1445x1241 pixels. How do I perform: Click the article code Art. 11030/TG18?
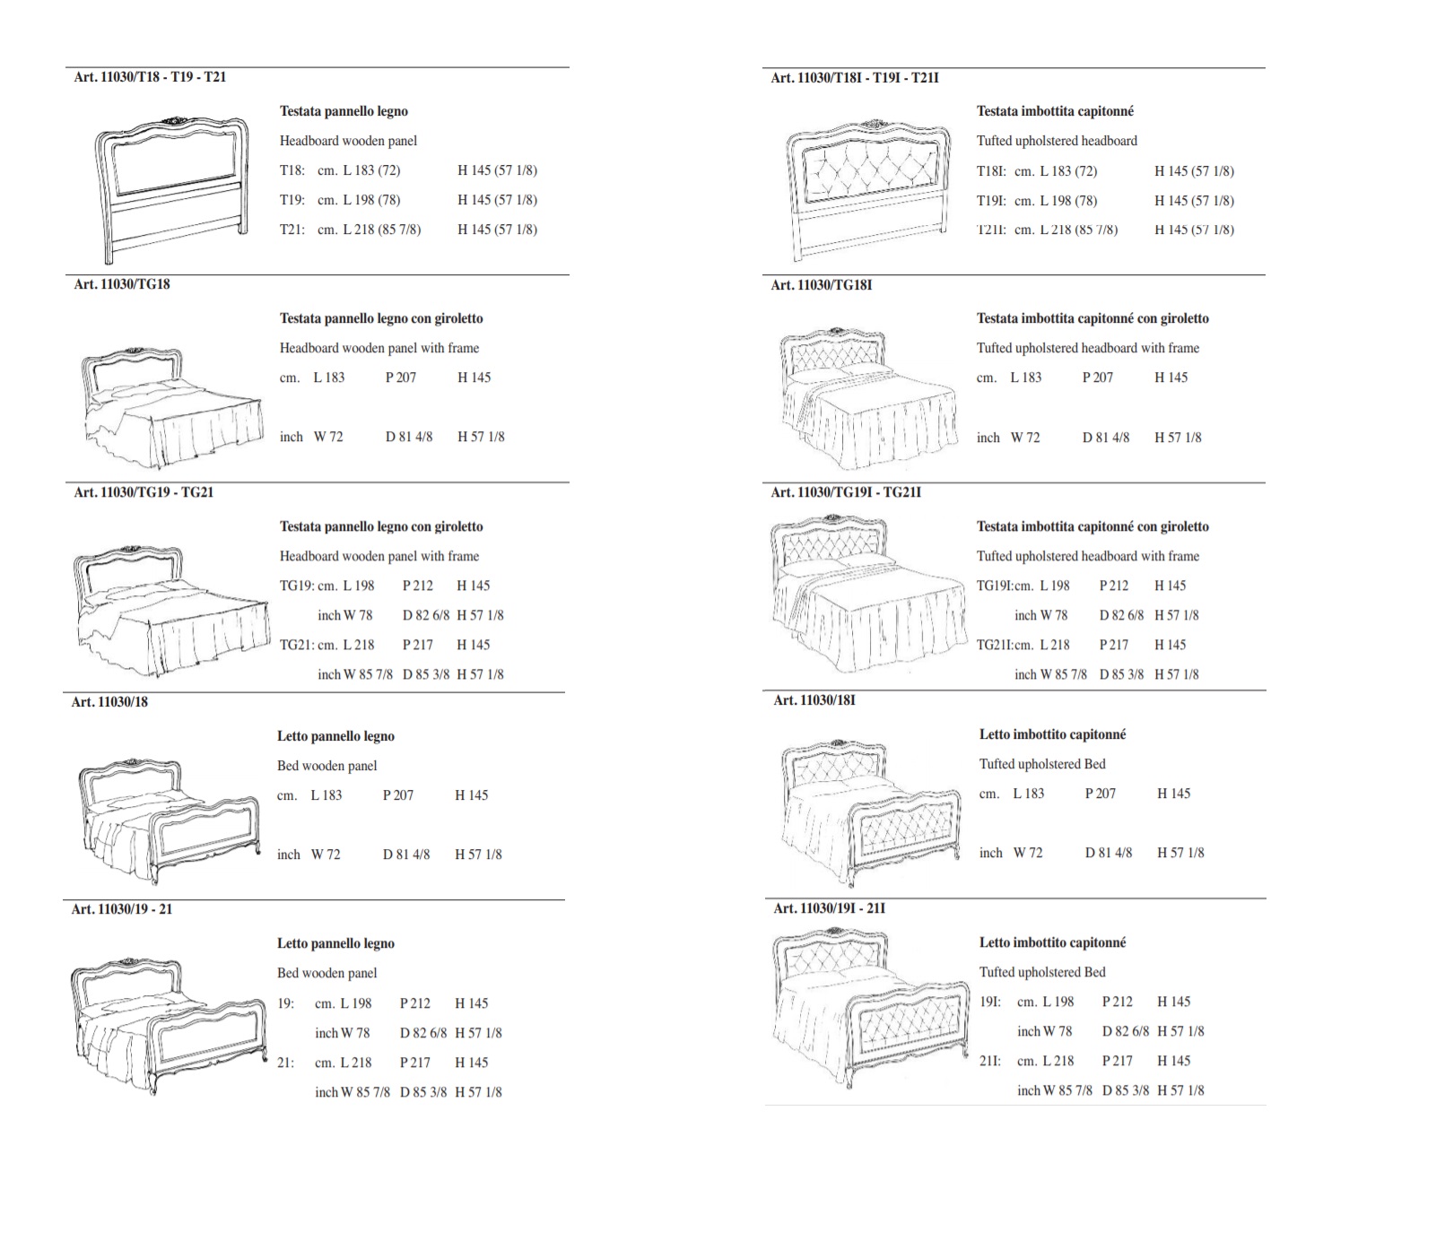(x=122, y=284)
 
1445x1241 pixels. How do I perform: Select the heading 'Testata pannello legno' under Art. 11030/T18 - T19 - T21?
(x=344, y=111)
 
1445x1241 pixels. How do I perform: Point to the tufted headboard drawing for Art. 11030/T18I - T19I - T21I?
(x=867, y=188)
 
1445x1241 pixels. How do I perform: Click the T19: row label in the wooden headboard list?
(x=292, y=200)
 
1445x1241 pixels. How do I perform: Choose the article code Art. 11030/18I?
(x=814, y=699)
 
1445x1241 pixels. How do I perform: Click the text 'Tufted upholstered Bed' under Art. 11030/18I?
(x=1042, y=764)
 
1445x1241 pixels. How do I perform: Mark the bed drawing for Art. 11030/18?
(x=170, y=820)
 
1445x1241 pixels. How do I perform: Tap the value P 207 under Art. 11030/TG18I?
(x=1098, y=378)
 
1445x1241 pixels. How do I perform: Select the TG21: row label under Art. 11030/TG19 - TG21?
(x=296, y=645)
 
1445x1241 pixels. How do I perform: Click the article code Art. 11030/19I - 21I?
(x=830, y=908)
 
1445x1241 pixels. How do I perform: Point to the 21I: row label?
(x=990, y=1061)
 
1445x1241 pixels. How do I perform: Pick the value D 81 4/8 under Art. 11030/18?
(x=406, y=855)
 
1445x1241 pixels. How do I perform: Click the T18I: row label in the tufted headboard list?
(x=991, y=171)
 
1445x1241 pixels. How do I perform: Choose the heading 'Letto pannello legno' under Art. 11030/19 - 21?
(x=335, y=943)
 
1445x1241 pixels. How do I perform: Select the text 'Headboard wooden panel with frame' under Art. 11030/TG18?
(x=379, y=348)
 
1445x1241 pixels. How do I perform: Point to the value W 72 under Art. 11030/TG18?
(x=328, y=437)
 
